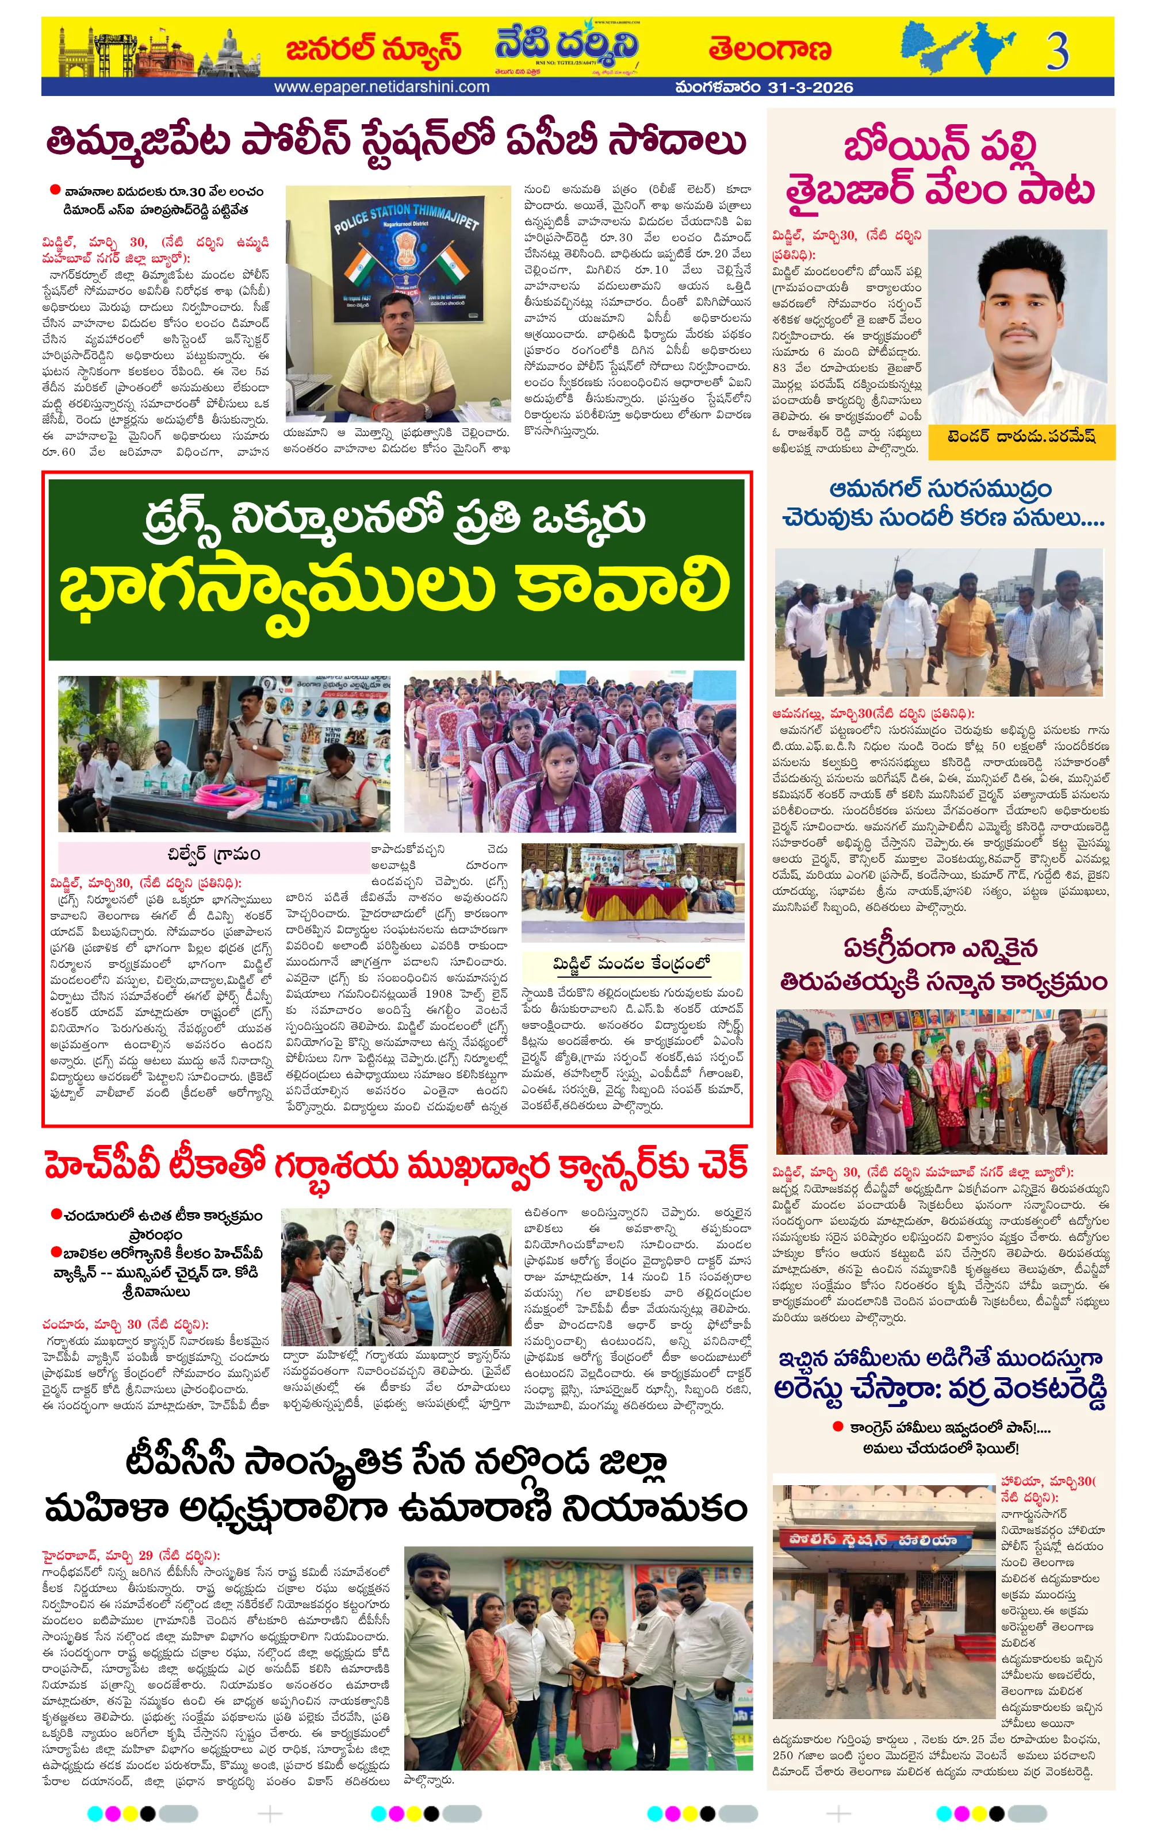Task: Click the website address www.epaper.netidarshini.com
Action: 382,87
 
